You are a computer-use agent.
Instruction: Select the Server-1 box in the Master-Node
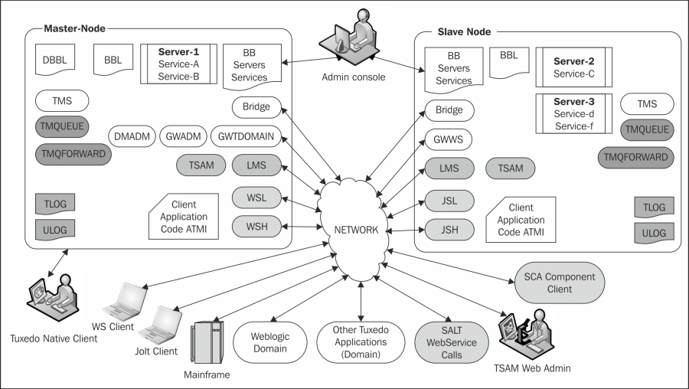tap(178, 64)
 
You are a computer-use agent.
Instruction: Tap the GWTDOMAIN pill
tap(247, 137)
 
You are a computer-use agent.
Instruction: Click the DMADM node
tap(132, 137)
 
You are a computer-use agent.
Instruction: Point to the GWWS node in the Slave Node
tap(449, 139)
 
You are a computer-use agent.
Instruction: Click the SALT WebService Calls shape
tap(452, 342)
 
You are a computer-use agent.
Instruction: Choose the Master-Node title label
tap(74, 28)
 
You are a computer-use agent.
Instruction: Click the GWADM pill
tap(182, 137)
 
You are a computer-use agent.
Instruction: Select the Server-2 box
tap(573, 67)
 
